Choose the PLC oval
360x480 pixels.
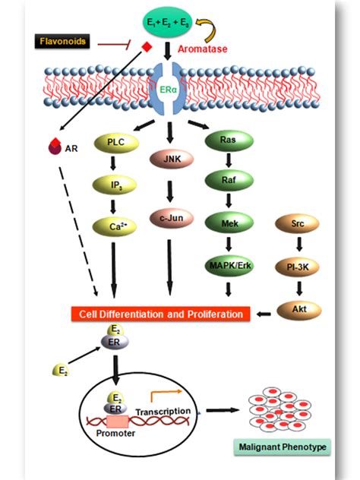(112, 141)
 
